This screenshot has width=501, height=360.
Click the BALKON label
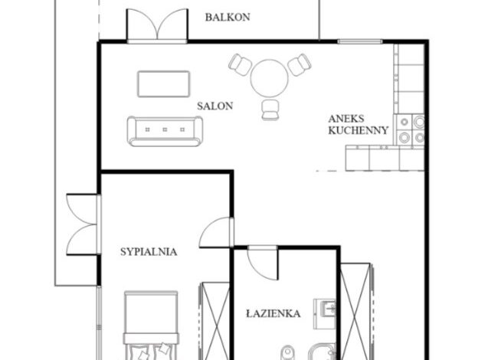[228, 18]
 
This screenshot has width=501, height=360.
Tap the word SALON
[214, 106]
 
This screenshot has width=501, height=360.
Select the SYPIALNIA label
[149, 252]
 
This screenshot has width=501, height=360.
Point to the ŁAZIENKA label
[273, 313]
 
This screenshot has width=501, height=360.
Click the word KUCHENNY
[359, 130]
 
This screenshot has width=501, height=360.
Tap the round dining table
[270, 78]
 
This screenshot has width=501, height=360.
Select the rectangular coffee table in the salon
[164, 83]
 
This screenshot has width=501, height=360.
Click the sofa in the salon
[165, 131]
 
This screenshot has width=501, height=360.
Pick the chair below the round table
[270, 110]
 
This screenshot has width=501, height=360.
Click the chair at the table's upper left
[241, 64]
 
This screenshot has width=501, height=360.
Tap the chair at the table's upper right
[299, 64]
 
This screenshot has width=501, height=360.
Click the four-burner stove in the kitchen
[411, 129]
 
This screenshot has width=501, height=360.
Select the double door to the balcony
[157, 25]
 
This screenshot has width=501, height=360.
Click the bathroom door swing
[263, 263]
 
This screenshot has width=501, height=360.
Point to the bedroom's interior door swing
[216, 232]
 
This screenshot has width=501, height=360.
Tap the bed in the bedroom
[151, 326]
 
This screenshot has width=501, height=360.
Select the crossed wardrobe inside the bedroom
[214, 321]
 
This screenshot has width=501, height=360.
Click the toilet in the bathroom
[287, 352]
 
